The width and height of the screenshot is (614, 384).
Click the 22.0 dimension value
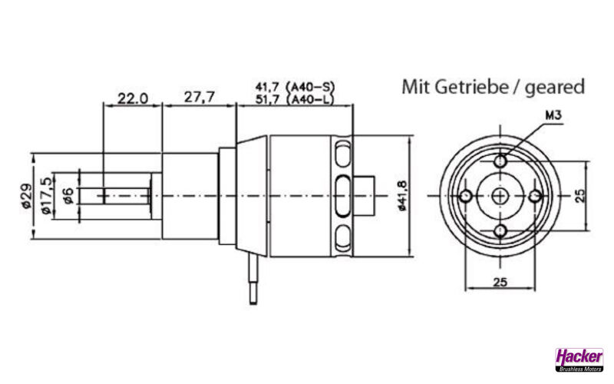click(132, 98)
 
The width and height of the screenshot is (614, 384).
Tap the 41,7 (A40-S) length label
click(295, 86)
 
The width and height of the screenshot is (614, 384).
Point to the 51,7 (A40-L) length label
click(295, 99)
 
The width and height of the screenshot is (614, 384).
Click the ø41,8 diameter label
click(402, 194)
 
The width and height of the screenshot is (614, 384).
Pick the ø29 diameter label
click(25, 197)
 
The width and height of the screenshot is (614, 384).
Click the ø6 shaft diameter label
click(68, 196)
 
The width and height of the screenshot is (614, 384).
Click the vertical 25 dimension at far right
click(581, 195)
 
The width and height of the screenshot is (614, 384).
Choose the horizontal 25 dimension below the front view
click(500, 282)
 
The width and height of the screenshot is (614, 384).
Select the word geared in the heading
click(554, 86)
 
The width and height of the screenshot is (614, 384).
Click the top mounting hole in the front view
click(500, 162)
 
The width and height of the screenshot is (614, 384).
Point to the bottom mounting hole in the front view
click(500, 230)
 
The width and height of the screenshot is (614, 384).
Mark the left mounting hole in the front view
click(465, 197)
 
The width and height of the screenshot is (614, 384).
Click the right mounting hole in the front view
click(536, 197)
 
